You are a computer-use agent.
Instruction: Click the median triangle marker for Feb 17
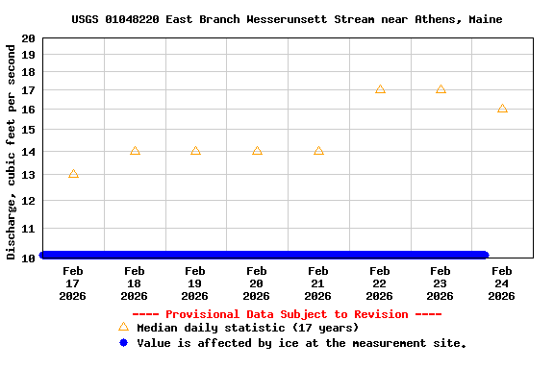[x=73, y=174]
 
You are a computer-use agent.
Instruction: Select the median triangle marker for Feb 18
[x=135, y=151]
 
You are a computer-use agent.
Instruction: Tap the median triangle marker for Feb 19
[x=195, y=151]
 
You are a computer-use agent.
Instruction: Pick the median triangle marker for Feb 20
[x=257, y=151]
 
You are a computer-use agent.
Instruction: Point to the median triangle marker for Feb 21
[x=318, y=151]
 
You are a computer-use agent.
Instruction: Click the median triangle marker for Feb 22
[x=380, y=89]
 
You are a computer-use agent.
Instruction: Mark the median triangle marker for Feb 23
[x=441, y=89]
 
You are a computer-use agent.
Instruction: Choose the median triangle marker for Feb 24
[x=502, y=109]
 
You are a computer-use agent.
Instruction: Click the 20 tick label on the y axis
[x=30, y=38]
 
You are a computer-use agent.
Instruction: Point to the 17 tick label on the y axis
[x=30, y=90]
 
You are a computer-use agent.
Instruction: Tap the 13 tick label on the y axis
[x=30, y=175]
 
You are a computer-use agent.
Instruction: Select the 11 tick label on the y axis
[x=30, y=229]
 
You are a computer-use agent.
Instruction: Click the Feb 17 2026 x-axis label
[x=73, y=283]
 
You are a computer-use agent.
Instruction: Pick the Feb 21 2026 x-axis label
[x=318, y=283]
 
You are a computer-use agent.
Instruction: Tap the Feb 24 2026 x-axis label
[x=502, y=283]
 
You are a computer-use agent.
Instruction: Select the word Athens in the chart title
[x=441, y=19]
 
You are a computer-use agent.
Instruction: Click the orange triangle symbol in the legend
[x=123, y=328]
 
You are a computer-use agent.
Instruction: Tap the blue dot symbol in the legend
[x=123, y=343]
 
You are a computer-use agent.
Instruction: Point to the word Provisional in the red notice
[x=205, y=314]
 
